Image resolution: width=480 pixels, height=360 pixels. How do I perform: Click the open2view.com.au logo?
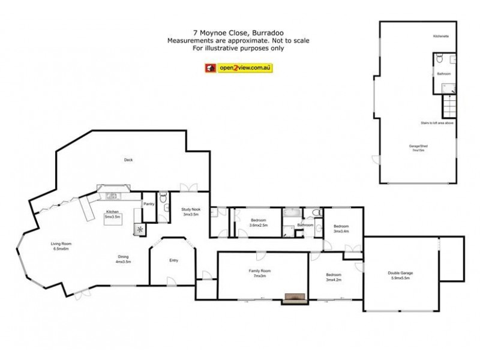[x=239, y=68]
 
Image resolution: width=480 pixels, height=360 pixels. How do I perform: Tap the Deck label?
[x=127, y=160]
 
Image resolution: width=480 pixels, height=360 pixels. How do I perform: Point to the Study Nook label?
[x=191, y=211]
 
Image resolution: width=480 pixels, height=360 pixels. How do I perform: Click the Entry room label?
[x=174, y=260]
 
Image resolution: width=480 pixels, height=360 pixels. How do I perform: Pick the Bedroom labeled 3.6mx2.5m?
[x=259, y=222]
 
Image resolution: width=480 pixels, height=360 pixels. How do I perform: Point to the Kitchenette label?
[x=441, y=37]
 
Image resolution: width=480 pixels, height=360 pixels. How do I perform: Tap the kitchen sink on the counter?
[x=112, y=196]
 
